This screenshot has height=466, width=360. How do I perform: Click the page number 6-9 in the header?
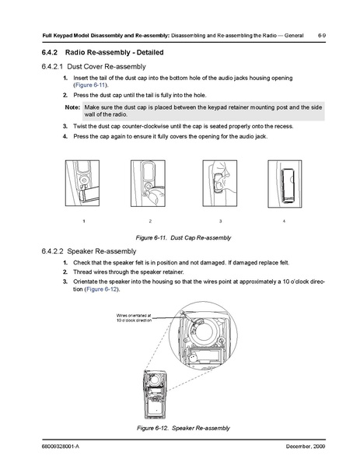[322, 35]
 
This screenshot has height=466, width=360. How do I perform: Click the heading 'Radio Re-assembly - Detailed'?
[114, 52]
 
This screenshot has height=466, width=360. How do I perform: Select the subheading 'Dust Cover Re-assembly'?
[107, 67]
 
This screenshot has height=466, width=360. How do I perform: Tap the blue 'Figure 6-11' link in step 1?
[90, 85]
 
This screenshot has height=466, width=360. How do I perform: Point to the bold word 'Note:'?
[72, 107]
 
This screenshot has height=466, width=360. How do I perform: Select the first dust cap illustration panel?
[82, 183]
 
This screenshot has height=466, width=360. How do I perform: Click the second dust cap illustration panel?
[148, 183]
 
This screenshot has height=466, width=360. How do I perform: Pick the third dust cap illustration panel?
[220, 183]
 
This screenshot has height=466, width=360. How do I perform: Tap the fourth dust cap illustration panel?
[285, 184]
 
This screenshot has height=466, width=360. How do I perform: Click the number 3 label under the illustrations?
[220, 221]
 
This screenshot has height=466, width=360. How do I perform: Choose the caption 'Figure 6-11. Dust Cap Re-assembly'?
[183, 238]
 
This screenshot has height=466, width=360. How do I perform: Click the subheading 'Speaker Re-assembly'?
[102, 251]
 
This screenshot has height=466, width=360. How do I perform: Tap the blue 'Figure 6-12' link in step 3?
[101, 289]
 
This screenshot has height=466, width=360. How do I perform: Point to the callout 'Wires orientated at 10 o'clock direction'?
[134, 318]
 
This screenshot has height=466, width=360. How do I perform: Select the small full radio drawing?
[155, 394]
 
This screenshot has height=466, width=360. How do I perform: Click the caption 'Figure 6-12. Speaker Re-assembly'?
[183, 428]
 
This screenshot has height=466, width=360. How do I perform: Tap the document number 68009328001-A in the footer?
[61, 447]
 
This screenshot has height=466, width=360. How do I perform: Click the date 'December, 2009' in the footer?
[306, 447]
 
